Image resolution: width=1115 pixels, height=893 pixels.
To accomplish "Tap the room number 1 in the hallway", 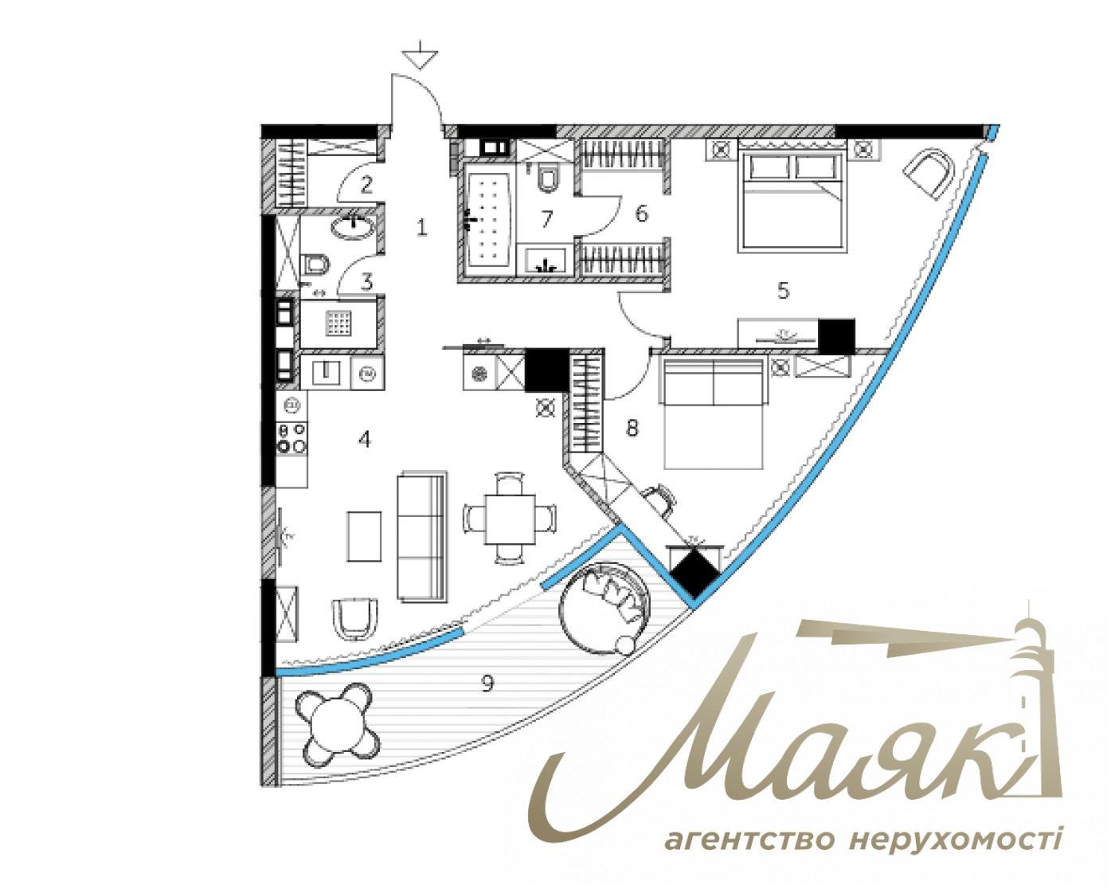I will pos(421,228).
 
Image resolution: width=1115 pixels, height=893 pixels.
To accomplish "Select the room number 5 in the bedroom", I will pos(783,292).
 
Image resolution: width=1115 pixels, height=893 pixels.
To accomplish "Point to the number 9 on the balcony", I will pos(488,683).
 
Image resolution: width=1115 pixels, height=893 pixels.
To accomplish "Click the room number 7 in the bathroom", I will pos(546,219).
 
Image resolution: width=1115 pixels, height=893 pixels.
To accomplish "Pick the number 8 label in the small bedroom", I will pos(632,429).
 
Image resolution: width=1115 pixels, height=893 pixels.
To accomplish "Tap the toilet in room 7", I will pos(547,178).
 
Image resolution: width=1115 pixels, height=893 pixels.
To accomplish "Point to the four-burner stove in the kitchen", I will pos(291,438).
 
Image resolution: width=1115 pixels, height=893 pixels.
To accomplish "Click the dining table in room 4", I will pos(510,519).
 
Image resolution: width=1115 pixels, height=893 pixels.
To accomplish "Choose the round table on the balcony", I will pos(334,724).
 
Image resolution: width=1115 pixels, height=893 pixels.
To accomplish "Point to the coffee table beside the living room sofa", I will pos(364,536).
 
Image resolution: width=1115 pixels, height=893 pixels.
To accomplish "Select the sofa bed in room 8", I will pos(714,413).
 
